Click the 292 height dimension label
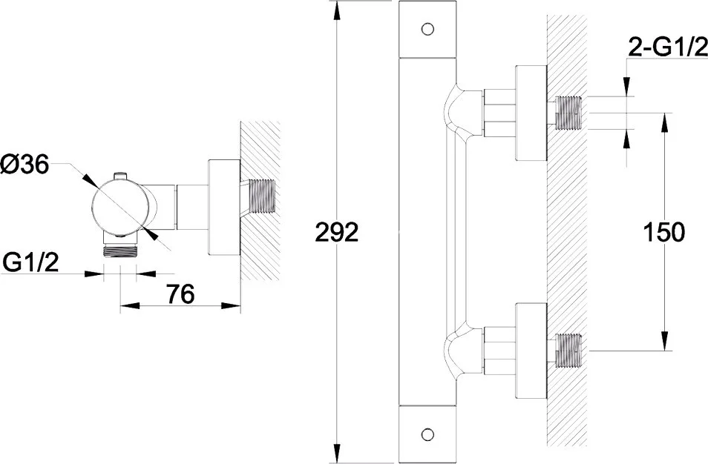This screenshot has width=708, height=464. pos(336,233)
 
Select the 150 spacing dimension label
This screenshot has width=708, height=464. pos(663,233)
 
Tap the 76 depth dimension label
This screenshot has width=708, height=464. pos(180,294)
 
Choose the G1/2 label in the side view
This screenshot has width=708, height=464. pos(30,262)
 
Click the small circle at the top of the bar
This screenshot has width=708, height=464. pos(427,29)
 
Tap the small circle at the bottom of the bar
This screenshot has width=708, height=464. pos(427,434)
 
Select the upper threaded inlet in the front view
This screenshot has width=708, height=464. pos(568,113)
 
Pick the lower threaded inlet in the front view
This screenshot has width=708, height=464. pos(568,351)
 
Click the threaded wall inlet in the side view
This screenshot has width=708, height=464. pos(261,196)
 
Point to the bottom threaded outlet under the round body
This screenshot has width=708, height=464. pos(119,251)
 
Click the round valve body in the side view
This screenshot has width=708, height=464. pos(120,208)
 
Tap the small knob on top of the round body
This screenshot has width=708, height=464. pos(120,176)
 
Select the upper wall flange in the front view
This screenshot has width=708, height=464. pos(531,113)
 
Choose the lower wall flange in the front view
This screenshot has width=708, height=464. pos(531,351)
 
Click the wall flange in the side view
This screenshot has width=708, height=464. pos(224,208)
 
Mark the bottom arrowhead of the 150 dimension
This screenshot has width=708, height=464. pos(665,341)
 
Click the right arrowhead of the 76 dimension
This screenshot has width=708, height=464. pos(231,305)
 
